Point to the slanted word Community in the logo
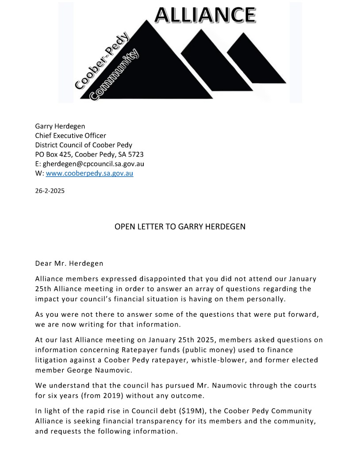point(114,75)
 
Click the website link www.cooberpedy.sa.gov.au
point(89,173)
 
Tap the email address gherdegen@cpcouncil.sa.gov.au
point(93,164)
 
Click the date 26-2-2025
point(50,192)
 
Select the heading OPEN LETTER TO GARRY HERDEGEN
point(180,226)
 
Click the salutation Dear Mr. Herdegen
point(69,263)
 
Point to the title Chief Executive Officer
point(70,135)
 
